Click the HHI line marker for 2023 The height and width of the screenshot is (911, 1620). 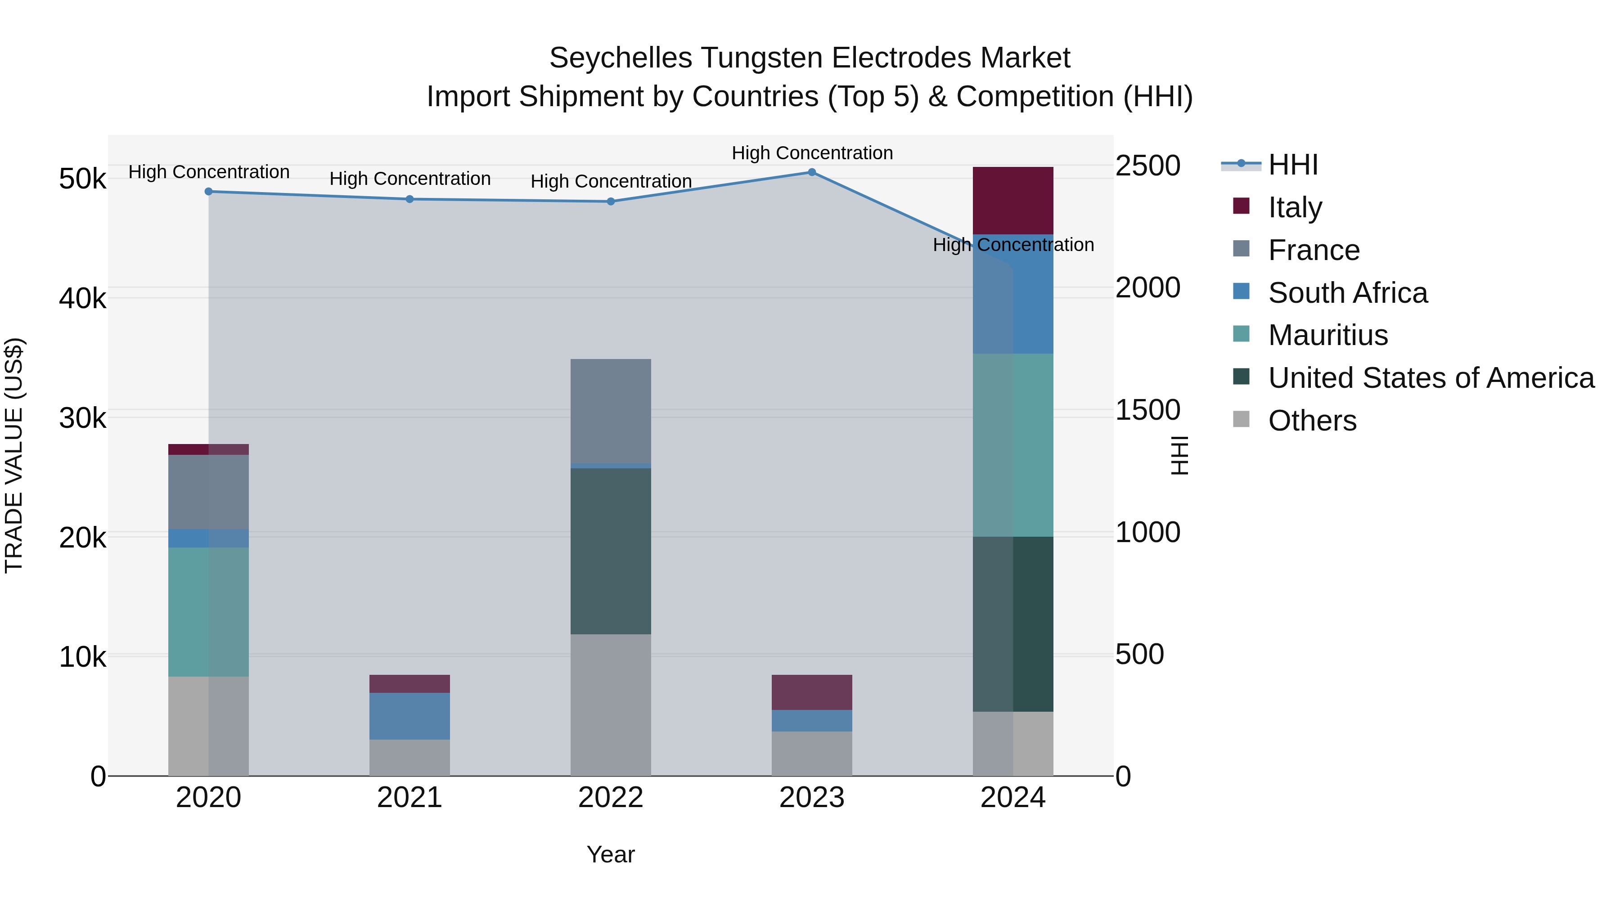point(811,172)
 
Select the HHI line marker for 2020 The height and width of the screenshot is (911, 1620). point(209,192)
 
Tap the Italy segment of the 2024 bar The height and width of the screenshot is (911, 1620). point(1012,201)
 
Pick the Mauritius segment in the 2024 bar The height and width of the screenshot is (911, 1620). point(1012,444)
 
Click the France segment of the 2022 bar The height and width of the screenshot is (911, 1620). point(610,411)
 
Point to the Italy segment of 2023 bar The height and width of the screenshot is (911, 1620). point(811,692)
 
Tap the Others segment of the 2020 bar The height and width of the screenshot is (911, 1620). point(209,726)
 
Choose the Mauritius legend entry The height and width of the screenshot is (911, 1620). point(1327,335)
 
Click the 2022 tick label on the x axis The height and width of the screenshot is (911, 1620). point(610,798)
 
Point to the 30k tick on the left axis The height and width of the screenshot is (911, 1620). point(82,418)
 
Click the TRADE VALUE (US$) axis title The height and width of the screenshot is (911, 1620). point(14,455)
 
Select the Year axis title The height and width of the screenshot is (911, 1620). point(610,854)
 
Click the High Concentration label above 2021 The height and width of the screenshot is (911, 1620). point(409,179)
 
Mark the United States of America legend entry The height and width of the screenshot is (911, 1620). point(1431,378)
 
